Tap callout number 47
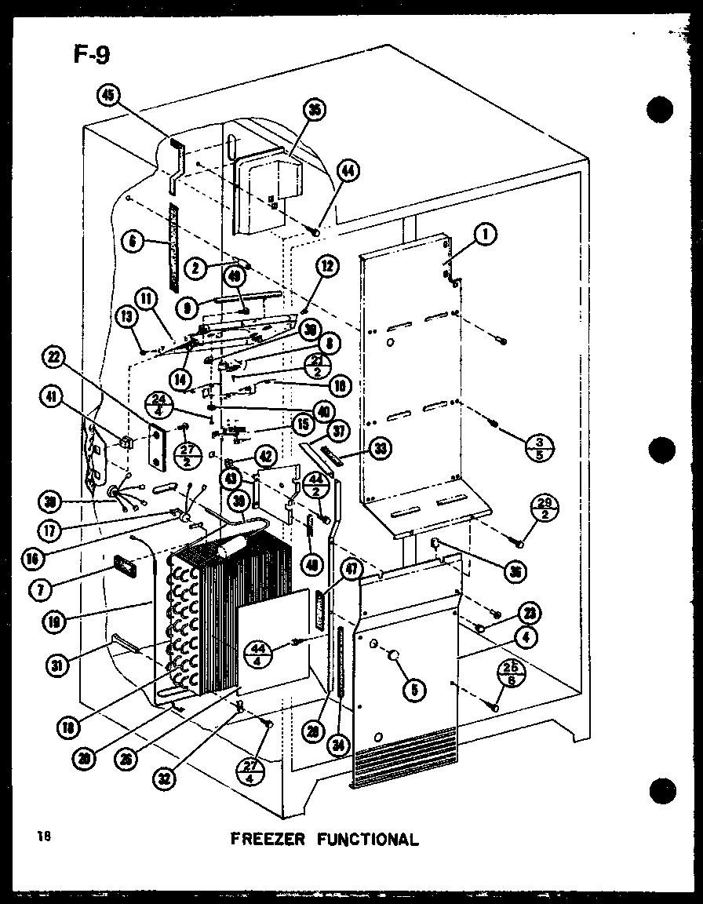(x=351, y=570)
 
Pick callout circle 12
(x=326, y=267)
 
